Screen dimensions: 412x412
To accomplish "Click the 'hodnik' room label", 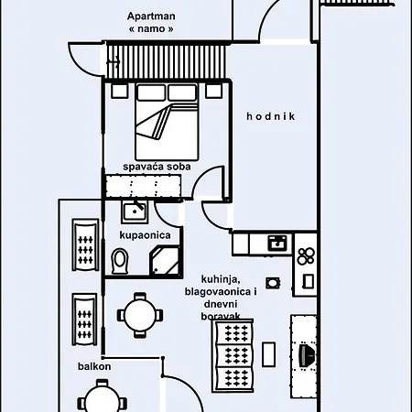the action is tap(271, 116).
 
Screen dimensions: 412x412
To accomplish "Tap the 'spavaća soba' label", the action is tap(157, 167).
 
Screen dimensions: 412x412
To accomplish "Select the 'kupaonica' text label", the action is tap(145, 235).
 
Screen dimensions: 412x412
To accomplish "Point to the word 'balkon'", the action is tap(94, 366).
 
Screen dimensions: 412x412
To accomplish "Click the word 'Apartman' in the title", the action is tap(151, 16).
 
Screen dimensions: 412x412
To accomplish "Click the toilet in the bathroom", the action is tap(120, 261).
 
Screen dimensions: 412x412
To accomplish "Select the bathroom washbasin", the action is tap(135, 211).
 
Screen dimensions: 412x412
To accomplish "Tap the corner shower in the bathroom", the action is tap(165, 261).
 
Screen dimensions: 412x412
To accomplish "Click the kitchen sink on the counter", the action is tap(277, 244).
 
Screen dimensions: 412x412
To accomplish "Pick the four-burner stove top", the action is tap(306, 256).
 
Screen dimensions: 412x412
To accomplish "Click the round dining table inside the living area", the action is tap(140, 315).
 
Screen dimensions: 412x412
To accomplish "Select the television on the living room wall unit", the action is tap(307, 355).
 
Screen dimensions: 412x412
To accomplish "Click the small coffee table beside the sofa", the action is tap(269, 354).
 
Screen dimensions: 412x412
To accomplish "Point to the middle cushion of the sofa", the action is tap(234, 356).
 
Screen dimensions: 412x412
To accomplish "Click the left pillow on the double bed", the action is tap(152, 92).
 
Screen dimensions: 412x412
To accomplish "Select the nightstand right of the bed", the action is tap(213, 91).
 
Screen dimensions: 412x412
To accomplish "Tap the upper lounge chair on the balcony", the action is tap(85, 244).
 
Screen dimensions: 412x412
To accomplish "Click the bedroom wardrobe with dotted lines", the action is tap(143, 186).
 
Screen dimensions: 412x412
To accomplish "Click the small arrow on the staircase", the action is tap(113, 62).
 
